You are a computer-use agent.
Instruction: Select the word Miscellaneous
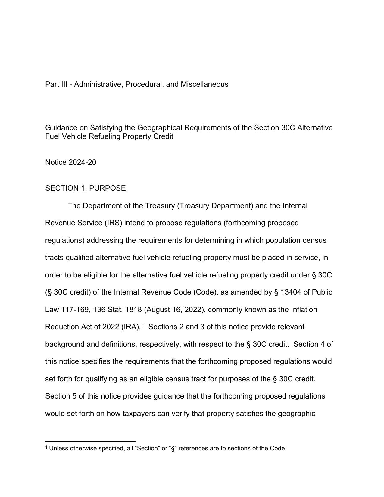204,84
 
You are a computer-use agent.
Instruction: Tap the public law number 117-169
75,310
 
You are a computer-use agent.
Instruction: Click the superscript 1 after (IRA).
143,325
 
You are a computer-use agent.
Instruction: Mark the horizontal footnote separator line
90,441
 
